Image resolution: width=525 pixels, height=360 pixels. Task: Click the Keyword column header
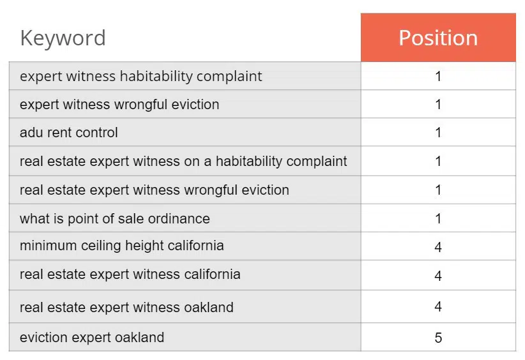pyautogui.click(x=63, y=38)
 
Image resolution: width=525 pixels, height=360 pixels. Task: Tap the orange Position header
pyautogui.click(x=438, y=38)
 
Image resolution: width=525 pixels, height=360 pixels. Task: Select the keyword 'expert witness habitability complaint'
pyautogui.click(x=141, y=77)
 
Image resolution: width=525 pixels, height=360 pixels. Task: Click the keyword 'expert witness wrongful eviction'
pyautogui.click(x=119, y=105)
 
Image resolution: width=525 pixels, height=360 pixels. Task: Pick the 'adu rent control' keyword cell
pyautogui.click(x=69, y=133)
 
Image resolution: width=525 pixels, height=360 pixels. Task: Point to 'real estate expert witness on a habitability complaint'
pyautogui.click(x=183, y=161)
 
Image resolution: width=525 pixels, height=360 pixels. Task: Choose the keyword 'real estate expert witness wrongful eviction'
pyautogui.click(x=155, y=190)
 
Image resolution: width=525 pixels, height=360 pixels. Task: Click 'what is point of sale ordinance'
pyautogui.click(x=115, y=219)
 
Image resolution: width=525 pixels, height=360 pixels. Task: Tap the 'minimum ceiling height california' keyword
pyautogui.click(x=122, y=246)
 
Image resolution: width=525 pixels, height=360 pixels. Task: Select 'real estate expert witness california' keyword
pyautogui.click(x=130, y=274)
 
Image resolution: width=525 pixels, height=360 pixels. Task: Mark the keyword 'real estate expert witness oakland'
pyautogui.click(x=126, y=307)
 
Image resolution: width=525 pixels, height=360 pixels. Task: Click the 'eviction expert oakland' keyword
pyautogui.click(x=92, y=338)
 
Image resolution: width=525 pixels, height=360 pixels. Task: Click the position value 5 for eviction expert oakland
pyautogui.click(x=438, y=338)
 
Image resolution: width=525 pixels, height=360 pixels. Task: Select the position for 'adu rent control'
pyautogui.click(x=438, y=133)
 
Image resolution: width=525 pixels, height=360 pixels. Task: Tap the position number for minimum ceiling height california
pyautogui.click(x=438, y=247)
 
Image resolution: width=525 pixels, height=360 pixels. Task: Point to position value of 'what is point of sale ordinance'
pyautogui.click(x=438, y=219)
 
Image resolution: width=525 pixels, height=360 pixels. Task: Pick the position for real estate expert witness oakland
pyautogui.click(x=438, y=307)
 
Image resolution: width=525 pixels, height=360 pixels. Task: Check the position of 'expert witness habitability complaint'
pyautogui.click(x=438, y=77)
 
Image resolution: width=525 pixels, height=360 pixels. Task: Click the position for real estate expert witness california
pyautogui.click(x=438, y=276)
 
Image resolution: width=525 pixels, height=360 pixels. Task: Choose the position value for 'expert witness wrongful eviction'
pyautogui.click(x=438, y=105)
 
